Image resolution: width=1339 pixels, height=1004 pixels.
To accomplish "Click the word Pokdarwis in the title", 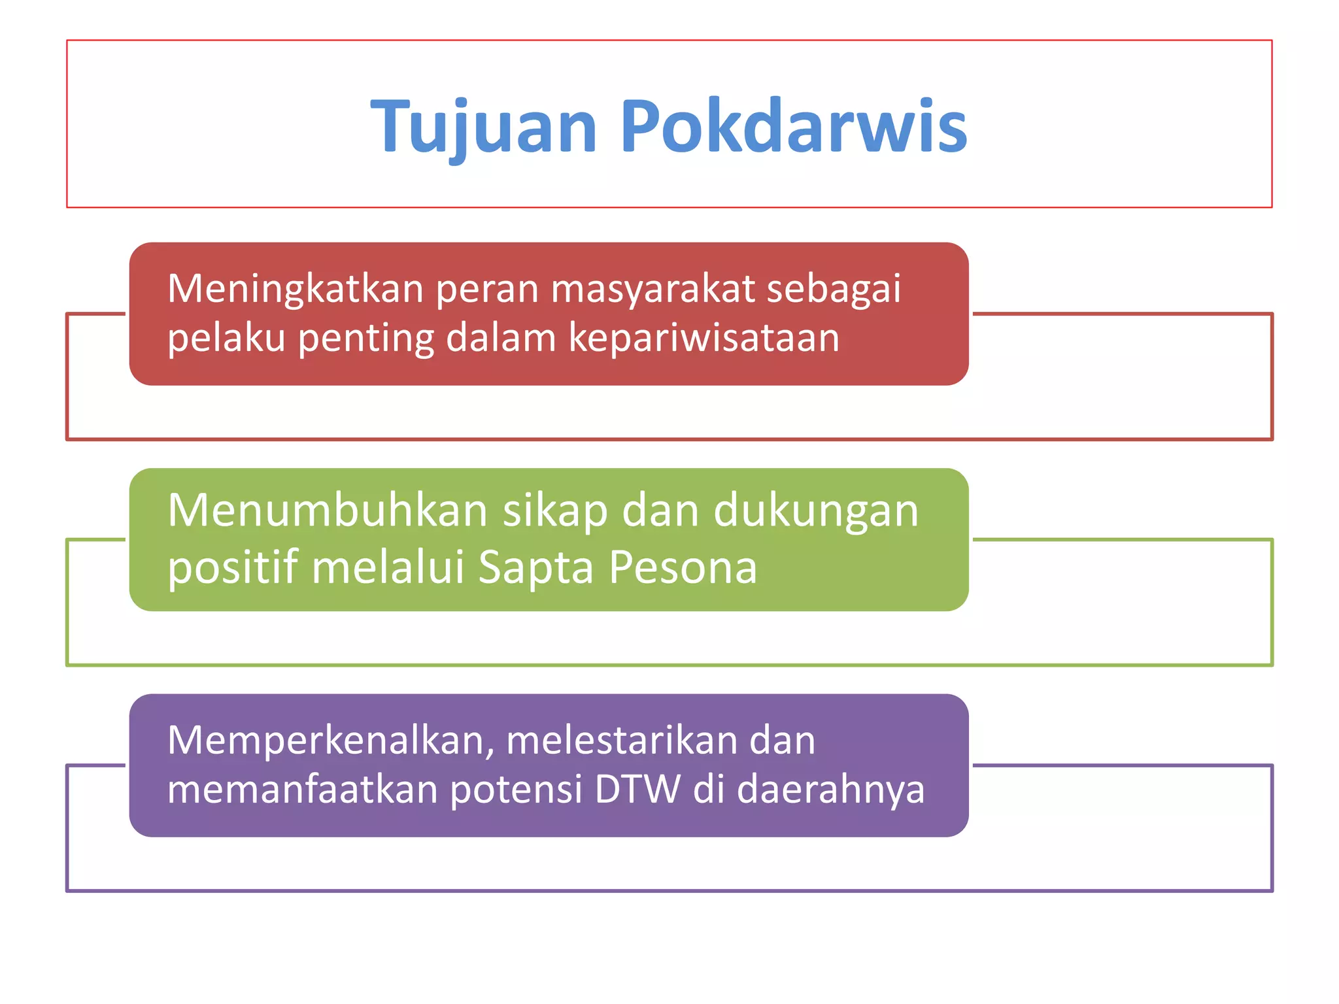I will coord(793,126).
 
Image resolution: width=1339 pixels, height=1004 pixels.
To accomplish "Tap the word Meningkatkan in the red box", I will coord(296,290).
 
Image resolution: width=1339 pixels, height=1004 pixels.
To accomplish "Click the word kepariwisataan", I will coord(703,339).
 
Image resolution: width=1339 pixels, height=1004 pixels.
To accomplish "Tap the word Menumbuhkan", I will coord(327,510).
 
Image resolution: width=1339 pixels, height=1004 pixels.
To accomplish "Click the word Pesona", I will coord(683,567).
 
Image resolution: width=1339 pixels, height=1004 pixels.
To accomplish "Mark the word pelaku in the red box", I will coord(226,339).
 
